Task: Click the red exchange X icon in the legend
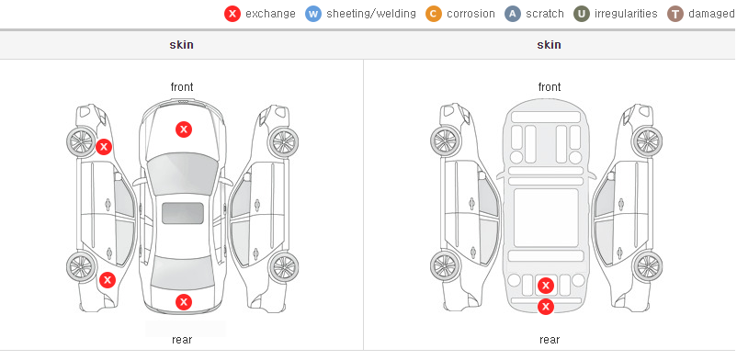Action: point(232,14)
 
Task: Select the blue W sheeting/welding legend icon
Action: point(313,14)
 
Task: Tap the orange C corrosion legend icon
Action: point(434,14)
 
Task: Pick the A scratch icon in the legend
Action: point(513,14)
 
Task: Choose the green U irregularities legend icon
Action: point(582,14)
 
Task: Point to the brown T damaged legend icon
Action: point(675,14)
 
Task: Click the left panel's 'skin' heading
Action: point(181,45)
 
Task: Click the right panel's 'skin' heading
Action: point(549,45)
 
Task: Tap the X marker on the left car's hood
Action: point(184,129)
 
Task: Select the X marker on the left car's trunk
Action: point(184,302)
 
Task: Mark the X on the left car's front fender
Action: point(104,147)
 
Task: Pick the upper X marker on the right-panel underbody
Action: point(546,285)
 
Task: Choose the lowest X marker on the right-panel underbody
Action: point(546,307)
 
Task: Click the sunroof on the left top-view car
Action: point(183,213)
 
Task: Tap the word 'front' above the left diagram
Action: point(182,87)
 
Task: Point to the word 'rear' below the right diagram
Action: point(550,340)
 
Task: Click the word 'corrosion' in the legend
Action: point(471,14)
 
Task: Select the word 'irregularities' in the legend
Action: point(626,14)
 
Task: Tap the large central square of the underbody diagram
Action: point(546,218)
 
